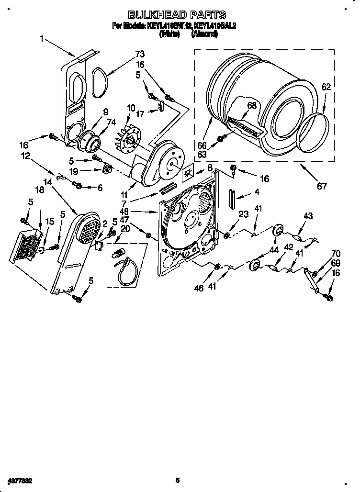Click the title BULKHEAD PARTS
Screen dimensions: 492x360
(x=178, y=15)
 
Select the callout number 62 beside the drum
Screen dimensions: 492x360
(x=326, y=87)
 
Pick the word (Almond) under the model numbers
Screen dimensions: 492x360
(x=204, y=34)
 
